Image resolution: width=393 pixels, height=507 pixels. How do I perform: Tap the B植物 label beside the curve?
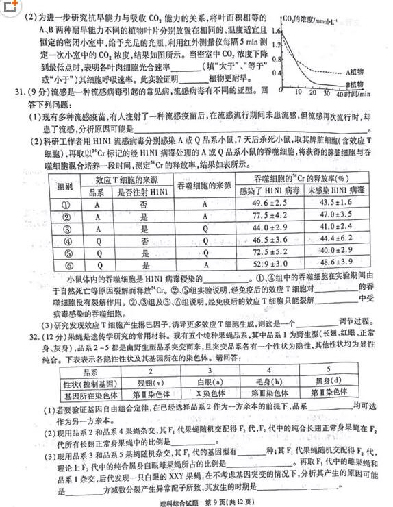coord(356,84)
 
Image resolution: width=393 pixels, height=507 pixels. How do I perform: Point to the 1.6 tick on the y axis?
coord(277,32)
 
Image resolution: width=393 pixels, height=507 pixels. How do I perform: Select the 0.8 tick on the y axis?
coord(277,58)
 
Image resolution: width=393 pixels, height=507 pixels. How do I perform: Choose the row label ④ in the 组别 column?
coord(66,240)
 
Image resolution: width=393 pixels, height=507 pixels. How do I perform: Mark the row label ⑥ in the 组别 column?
coord(66,263)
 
